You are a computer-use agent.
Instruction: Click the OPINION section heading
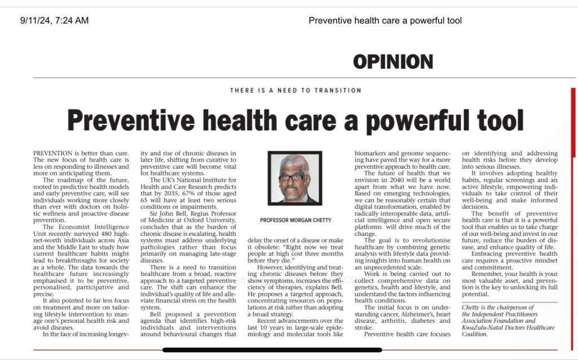coord(393,62)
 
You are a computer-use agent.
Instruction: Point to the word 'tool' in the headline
coord(497,120)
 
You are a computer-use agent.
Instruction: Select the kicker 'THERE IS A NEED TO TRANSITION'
coord(296,90)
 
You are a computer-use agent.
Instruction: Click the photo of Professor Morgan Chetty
coord(295,178)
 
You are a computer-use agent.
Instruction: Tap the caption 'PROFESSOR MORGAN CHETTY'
coord(295,219)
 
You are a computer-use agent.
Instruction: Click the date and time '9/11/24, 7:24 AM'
coord(55,21)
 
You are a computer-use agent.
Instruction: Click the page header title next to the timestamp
coord(385,21)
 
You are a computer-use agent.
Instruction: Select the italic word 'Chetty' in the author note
coord(473,308)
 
